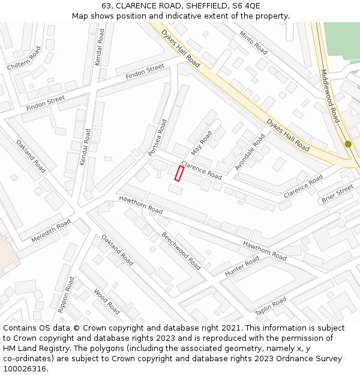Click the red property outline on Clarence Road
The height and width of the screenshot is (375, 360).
point(178,173)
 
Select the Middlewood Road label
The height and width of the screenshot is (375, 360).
point(330,96)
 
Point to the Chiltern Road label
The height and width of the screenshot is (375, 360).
point(23,58)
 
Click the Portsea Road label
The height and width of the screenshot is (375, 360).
point(158,137)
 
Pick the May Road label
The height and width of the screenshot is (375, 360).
point(202,142)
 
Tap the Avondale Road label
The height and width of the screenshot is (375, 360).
point(250,152)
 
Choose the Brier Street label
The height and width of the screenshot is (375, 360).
point(338,193)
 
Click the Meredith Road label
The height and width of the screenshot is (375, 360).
point(51,230)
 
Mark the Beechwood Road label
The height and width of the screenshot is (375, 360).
point(181,251)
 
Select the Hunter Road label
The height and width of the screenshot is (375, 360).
point(242,266)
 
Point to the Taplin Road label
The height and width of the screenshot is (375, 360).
point(271,306)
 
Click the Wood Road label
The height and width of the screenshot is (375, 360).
point(106,301)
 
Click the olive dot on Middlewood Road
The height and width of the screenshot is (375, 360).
point(348,144)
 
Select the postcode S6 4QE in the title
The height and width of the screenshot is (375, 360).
point(245,6)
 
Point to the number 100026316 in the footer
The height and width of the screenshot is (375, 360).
point(23,369)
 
